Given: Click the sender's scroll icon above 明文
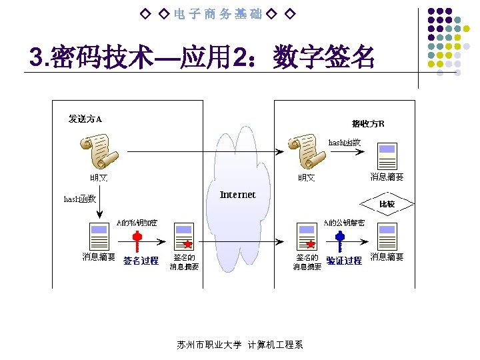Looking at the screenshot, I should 95,152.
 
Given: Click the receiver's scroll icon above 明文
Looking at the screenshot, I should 307,152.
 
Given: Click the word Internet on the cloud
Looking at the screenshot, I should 237,195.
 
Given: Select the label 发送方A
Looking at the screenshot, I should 85,119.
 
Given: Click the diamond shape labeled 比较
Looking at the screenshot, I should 387,203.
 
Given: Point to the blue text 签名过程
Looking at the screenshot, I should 141,261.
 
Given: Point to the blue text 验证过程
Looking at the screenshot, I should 344,261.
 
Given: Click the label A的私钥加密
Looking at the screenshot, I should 137,222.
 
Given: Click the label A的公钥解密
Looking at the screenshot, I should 344,222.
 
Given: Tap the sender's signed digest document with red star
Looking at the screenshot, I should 183,237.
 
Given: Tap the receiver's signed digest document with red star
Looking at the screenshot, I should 306,237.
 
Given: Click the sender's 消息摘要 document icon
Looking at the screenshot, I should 98,237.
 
